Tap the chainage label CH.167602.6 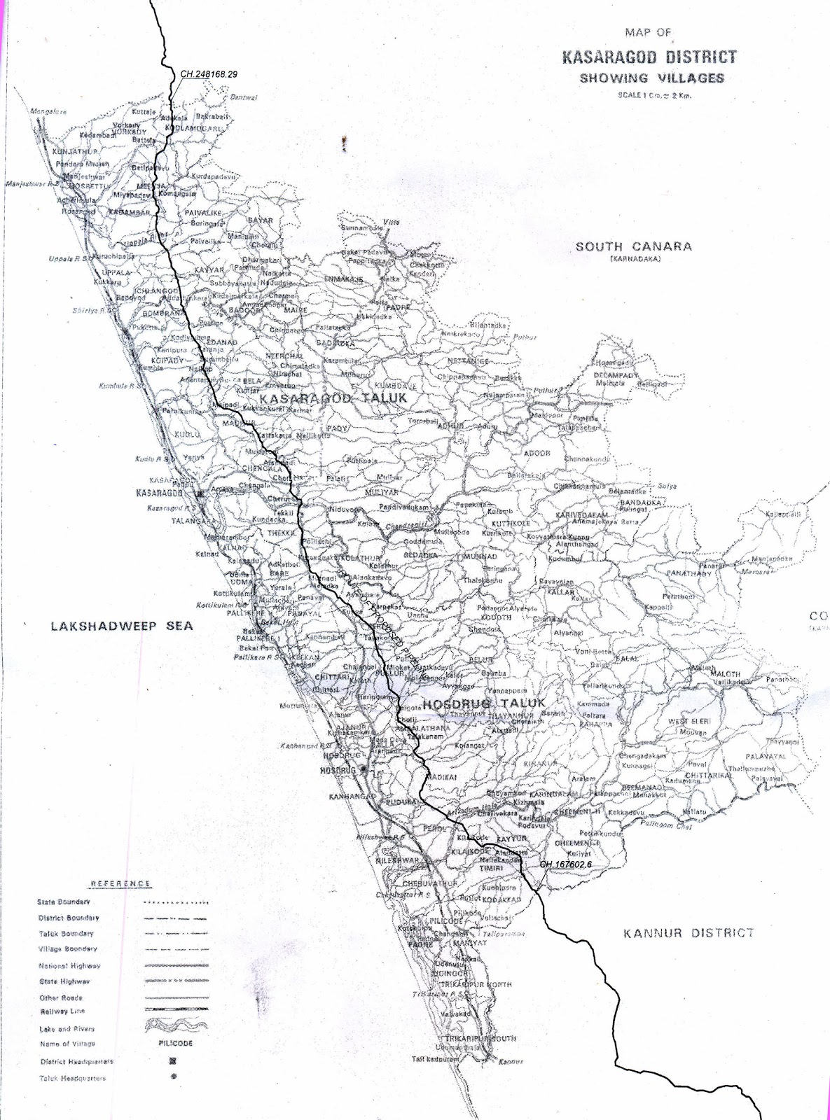566,864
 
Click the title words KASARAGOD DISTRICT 649,57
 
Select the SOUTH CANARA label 633,246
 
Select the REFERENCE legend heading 120,883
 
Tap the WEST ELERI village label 689,720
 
